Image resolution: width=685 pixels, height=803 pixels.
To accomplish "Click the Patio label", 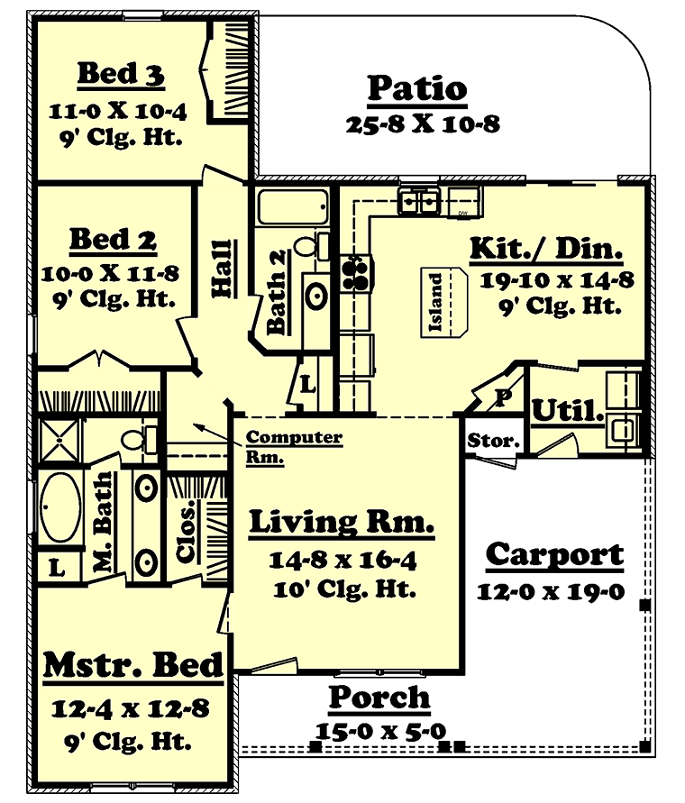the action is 417,88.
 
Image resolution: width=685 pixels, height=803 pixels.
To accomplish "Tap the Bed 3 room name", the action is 121,73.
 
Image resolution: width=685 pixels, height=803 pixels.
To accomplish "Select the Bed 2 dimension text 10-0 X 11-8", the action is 110,273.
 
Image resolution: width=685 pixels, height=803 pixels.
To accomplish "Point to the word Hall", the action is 223,269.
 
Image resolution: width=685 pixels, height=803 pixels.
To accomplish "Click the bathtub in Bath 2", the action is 293,206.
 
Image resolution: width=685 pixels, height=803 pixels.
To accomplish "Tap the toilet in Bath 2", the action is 312,246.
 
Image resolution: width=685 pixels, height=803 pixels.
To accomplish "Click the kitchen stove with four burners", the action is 355,273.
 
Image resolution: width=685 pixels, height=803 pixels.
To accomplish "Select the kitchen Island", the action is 443,302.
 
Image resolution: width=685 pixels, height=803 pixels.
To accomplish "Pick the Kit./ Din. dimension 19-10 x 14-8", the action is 557,280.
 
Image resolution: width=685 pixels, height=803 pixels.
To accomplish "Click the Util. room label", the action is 567,410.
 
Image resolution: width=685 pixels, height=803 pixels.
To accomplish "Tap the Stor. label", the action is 493,441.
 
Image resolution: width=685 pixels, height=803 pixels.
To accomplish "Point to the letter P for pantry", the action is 503,397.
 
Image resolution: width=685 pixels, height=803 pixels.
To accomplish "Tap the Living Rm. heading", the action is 342,523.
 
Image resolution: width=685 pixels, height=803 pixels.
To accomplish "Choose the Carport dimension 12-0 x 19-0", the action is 552,592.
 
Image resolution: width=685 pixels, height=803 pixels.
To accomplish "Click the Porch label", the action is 379,697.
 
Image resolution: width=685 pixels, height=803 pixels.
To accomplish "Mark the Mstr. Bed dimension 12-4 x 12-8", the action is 131,708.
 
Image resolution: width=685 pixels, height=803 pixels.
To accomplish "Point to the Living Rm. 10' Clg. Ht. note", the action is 345,589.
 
